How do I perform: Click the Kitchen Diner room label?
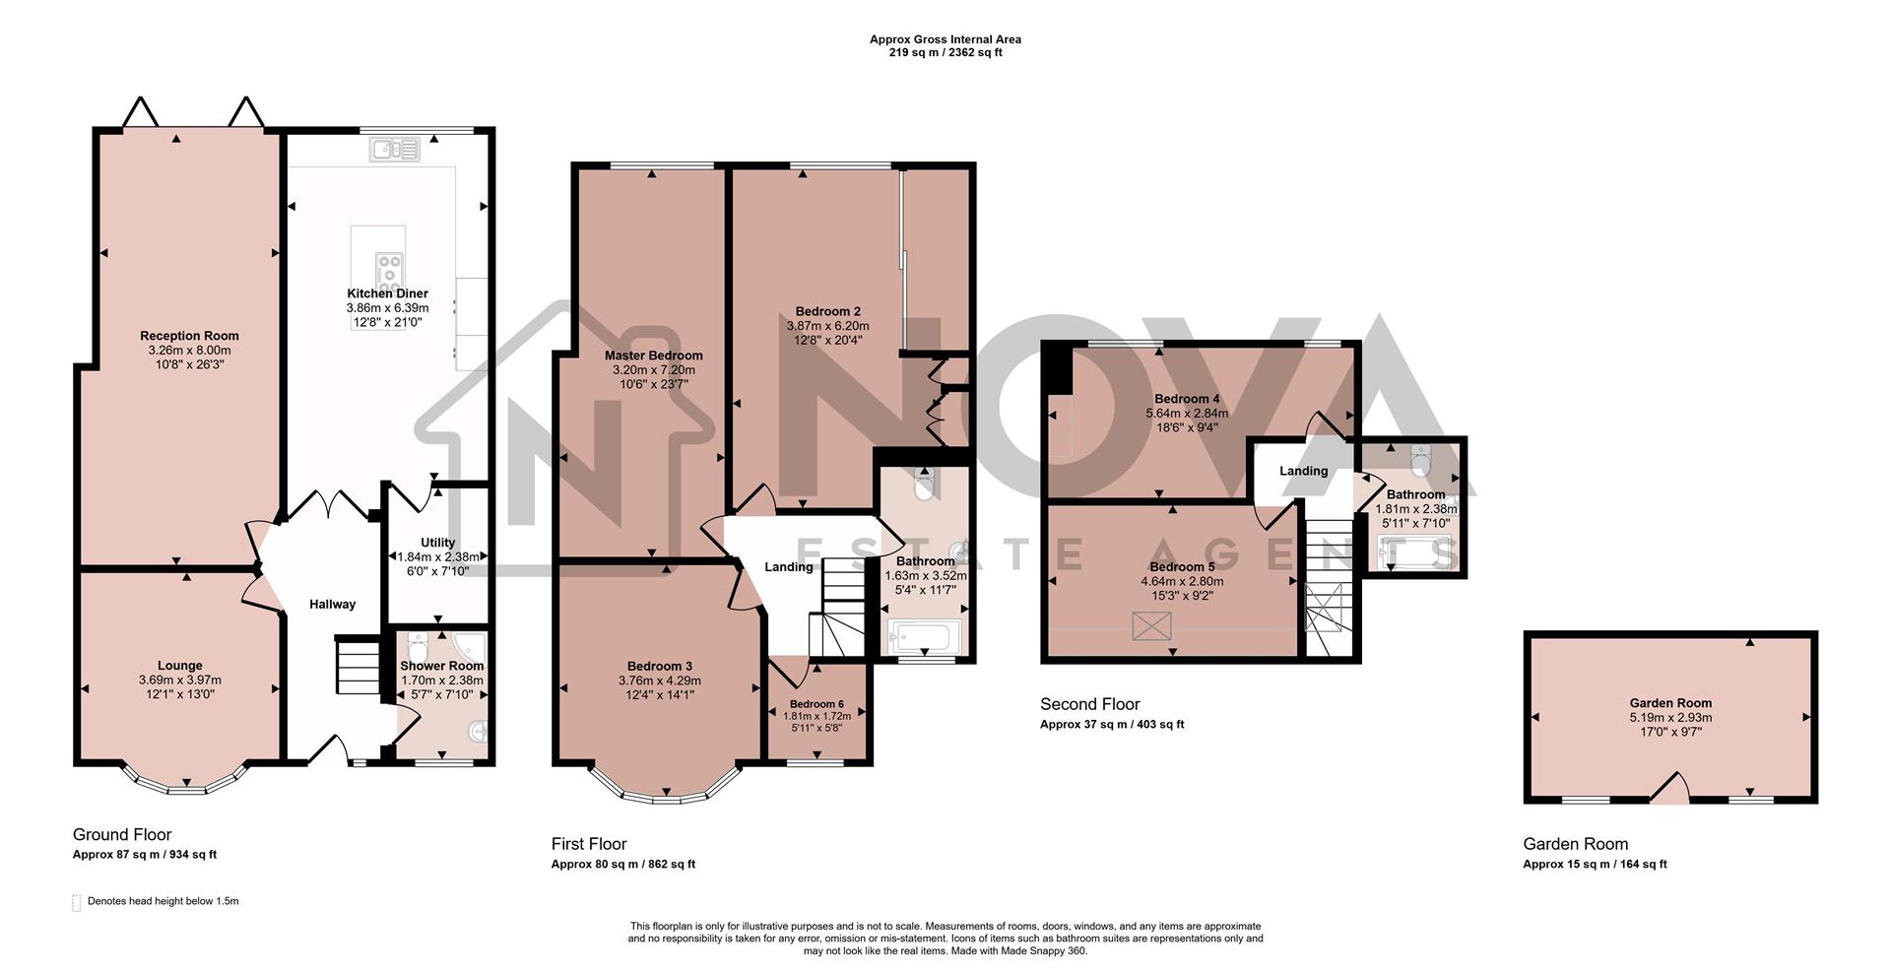point(387,293)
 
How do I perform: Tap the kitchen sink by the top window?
point(395,150)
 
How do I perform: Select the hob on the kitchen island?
point(389,268)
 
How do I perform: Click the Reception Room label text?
point(189,336)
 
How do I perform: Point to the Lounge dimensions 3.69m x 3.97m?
point(179,680)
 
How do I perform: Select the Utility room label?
point(437,543)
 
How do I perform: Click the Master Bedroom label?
point(653,356)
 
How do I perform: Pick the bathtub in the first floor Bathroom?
point(923,638)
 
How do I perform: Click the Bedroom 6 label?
point(816,704)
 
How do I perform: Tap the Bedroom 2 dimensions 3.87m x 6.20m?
point(827,326)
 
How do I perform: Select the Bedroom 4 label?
point(1187,399)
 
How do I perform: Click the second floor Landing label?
point(1303,471)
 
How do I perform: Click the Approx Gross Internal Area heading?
point(945,39)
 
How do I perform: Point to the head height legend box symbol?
point(77,903)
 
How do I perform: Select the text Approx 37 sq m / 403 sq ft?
point(1112,724)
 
